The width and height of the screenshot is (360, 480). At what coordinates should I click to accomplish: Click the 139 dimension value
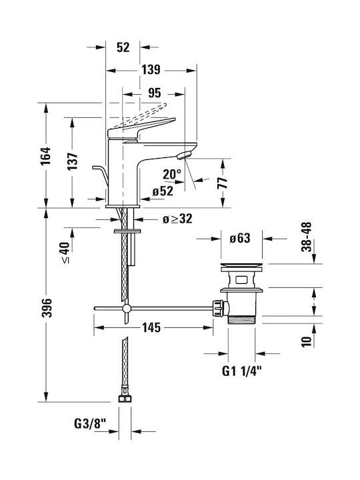pos(151,70)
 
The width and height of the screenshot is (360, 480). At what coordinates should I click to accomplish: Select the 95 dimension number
pos(154,93)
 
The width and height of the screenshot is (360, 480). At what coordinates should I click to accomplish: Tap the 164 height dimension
pos(46,156)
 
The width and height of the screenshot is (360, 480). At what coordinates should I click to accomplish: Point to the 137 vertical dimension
pos(72,161)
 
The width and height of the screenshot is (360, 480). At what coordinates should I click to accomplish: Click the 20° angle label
pos(172,175)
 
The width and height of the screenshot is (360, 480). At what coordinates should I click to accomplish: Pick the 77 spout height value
pos(223,183)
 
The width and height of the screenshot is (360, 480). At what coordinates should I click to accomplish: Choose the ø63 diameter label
pos(240,238)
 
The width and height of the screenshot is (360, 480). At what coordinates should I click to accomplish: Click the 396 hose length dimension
pos(47,307)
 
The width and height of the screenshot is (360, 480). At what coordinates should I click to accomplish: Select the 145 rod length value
pos(151,327)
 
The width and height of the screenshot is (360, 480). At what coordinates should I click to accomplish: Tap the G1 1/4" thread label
pos(242,371)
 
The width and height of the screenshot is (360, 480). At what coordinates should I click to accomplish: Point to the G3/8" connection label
pos(90,424)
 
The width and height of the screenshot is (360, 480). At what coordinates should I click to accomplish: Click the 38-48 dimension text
pos(306,237)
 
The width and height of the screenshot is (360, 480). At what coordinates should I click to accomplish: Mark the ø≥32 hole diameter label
pos(177,219)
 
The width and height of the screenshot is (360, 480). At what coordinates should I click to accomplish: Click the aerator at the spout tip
pos(184,155)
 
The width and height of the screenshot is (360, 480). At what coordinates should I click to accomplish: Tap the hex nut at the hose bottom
pos(125,398)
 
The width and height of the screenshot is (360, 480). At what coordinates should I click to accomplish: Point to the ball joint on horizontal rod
pos(127,308)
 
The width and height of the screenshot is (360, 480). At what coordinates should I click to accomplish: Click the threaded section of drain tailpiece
pos(241,319)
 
